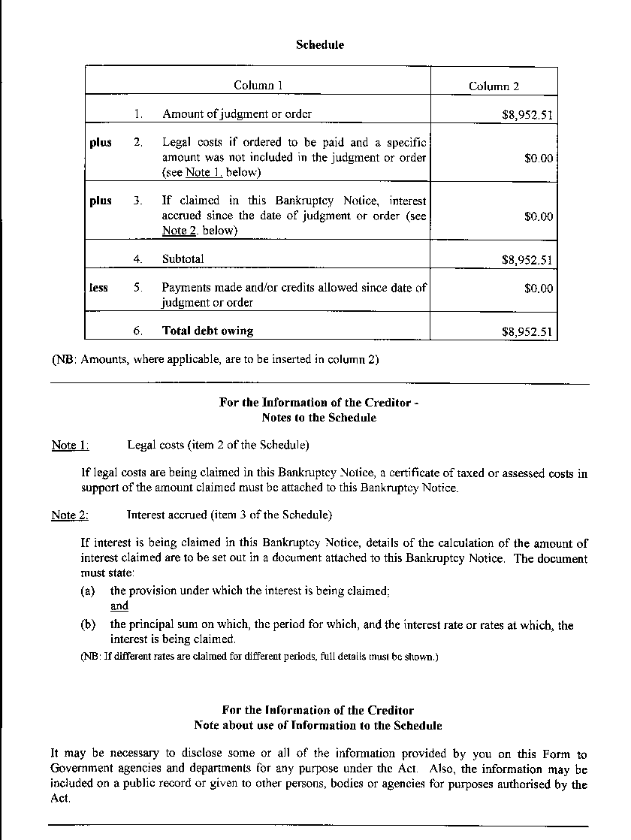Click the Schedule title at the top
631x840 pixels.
click(x=320, y=45)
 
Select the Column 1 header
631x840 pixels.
click(x=258, y=86)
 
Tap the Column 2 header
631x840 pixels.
click(x=494, y=86)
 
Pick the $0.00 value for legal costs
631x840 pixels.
click(x=538, y=159)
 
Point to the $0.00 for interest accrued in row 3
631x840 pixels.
click(x=538, y=216)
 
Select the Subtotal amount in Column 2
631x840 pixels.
click(x=527, y=261)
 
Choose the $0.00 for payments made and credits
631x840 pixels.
click(x=538, y=289)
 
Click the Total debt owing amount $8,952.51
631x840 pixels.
click(x=527, y=332)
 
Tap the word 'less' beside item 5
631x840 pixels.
click(x=98, y=288)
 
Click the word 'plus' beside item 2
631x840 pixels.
click(x=100, y=143)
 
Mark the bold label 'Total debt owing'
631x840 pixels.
click(x=207, y=331)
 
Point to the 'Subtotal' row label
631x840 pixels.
click(x=183, y=259)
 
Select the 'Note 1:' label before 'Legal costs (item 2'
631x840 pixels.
click(x=70, y=446)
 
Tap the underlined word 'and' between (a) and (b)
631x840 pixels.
click(x=119, y=606)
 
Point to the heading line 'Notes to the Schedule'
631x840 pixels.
click(x=319, y=418)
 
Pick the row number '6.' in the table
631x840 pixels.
click(x=139, y=331)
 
